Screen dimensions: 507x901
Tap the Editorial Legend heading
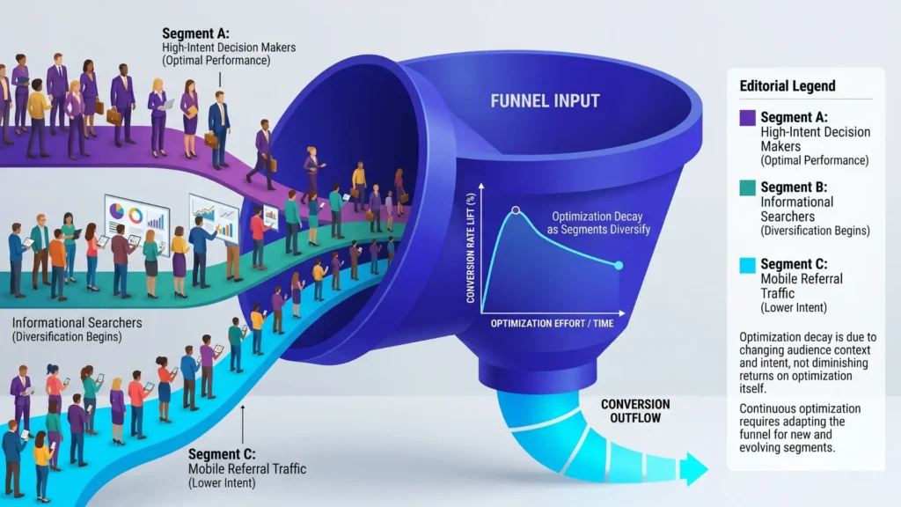click(787, 86)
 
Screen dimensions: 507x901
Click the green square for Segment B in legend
click(748, 188)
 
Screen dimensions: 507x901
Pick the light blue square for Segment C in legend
click(748, 265)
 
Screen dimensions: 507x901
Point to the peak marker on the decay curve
click(516, 211)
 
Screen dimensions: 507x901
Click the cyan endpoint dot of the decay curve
click(619, 265)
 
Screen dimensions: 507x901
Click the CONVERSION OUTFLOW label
click(634, 411)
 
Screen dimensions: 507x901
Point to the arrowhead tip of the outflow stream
click(707, 469)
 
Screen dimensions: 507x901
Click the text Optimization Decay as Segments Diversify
click(585, 222)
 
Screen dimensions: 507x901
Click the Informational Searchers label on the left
click(77, 323)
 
